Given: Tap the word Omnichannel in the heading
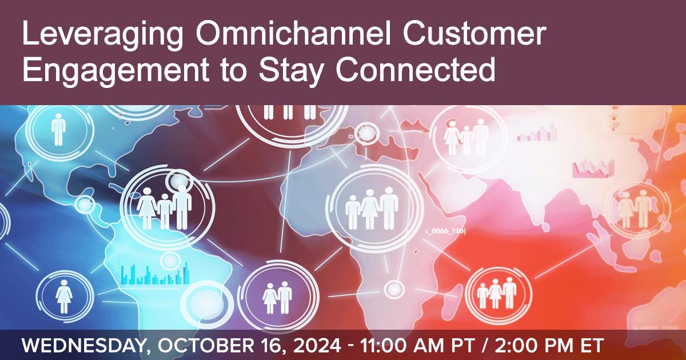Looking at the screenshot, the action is (293, 33).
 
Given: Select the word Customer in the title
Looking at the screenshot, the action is (474, 33).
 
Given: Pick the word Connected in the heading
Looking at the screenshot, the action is (415, 69).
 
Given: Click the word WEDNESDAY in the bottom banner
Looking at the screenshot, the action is (83, 346).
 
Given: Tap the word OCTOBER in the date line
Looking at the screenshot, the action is (205, 345).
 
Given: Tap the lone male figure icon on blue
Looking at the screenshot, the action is (58, 130).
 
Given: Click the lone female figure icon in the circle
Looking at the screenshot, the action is (63, 297).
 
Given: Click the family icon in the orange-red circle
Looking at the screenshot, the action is (497, 293).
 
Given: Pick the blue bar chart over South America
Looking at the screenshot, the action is (155, 274).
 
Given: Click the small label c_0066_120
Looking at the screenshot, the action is (445, 231).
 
